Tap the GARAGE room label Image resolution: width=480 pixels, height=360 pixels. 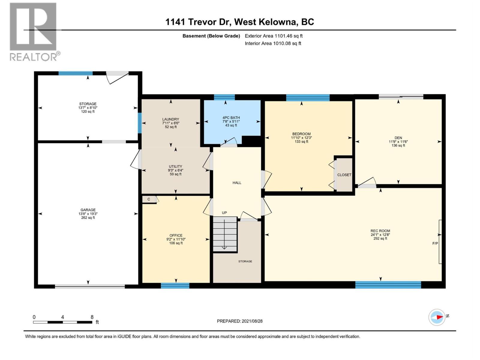click(x=88, y=210)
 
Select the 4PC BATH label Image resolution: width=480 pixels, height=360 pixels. click(x=231, y=118)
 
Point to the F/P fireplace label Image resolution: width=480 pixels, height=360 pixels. click(x=435, y=243)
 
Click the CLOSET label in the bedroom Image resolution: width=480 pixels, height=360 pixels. click(x=344, y=175)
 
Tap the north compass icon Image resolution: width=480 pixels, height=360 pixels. click(x=437, y=317)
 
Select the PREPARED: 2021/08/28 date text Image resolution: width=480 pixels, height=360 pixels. click(x=240, y=321)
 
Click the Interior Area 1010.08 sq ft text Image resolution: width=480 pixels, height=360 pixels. click(x=273, y=43)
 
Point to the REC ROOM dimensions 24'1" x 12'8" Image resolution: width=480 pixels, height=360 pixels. click(x=380, y=235)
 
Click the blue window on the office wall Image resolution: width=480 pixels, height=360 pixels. click(x=175, y=286)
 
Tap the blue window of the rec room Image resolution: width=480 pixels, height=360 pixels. click(x=388, y=285)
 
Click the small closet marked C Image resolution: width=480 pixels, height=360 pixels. click(x=149, y=199)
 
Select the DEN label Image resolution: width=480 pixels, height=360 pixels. click(x=398, y=138)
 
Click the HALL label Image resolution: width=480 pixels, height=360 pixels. click(x=237, y=183)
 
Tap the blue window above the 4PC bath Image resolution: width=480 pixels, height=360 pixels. click(x=224, y=97)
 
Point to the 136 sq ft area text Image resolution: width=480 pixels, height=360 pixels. click(x=398, y=145)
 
